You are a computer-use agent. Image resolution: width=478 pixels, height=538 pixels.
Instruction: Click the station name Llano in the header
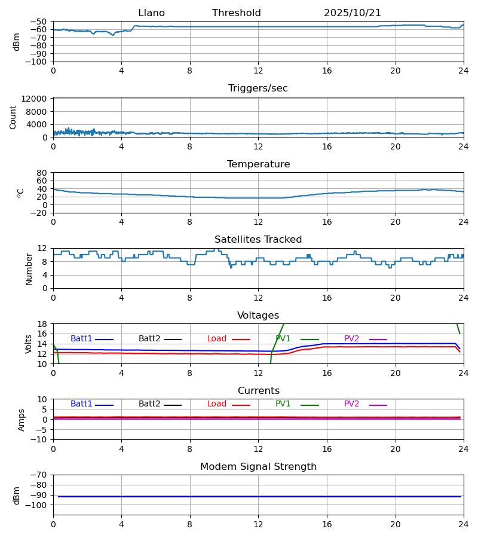click(x=151, y=13)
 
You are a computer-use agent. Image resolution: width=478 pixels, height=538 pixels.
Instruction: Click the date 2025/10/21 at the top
click(x=353, y=13)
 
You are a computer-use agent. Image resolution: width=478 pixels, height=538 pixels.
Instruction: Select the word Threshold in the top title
click(x=236, y=13)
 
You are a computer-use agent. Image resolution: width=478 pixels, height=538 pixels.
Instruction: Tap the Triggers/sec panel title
click(x=258, y=88)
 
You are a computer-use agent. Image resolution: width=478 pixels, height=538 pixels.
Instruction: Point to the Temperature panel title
click(x=258, y=164)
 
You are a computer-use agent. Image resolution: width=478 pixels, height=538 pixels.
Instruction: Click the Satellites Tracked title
click(x=258, y=240)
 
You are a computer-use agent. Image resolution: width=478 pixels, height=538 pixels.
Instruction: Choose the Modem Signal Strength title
click(x=258, y=467)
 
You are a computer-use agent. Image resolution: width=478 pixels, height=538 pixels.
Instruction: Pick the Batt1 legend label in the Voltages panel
click(x=81, y=339)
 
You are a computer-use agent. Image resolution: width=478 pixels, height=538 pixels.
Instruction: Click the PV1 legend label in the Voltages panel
click(x=283, y=339)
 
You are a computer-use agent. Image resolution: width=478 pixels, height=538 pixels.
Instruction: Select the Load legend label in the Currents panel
click(x=217, y=404)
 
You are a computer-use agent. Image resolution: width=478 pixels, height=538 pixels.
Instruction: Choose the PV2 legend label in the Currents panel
click(x=351, y=404)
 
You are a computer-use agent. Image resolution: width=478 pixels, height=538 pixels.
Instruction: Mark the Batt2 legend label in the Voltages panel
click(x=149, y=339)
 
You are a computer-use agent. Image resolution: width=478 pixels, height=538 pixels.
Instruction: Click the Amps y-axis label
click(x=22, y=420)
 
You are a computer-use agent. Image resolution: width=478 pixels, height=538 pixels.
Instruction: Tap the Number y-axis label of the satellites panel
click(x=29, y=268)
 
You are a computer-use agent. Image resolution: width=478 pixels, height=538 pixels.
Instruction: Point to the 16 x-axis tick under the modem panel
click(x=327, y=524)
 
